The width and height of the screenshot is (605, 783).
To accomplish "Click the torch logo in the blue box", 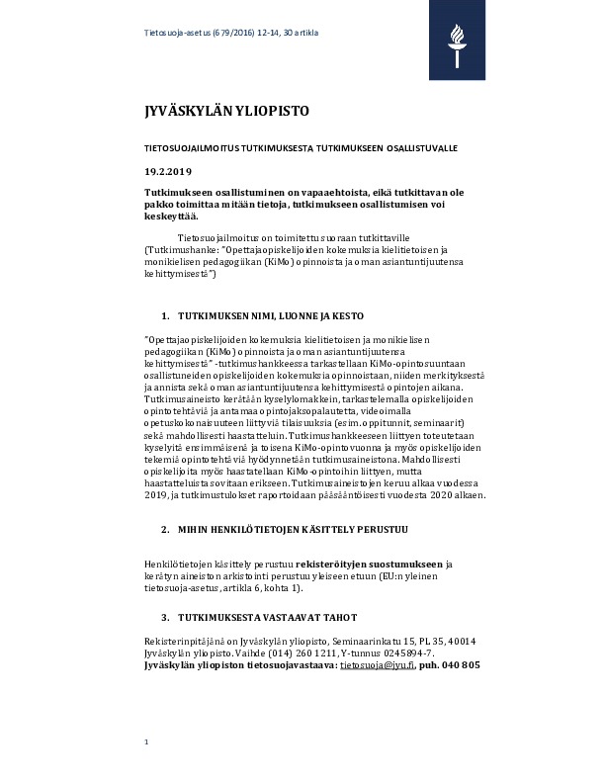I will pyautogui.click(x=456, y=42).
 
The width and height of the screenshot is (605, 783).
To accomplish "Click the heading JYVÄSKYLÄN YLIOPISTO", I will pyautogui.click(x=213, y=111).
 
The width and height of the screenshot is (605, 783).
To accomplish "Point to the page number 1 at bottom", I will pyautogui.click(x=146, y=740).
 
